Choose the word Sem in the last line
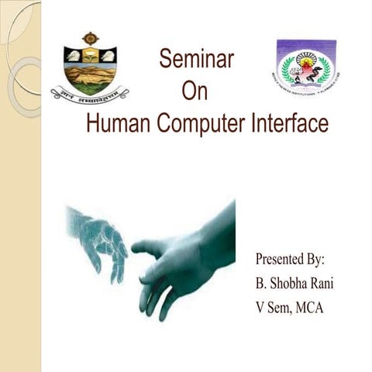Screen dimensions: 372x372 [x=272, y=307]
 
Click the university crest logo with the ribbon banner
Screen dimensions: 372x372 [x=90, y=68]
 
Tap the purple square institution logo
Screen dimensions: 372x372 [x=307, y=65]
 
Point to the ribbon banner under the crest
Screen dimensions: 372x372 [x=90, y=95]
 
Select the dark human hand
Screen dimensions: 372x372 [x=186, y=256]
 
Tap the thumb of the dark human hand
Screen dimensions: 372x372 [x=152, y=249]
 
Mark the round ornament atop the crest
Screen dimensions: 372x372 [x=90, y=37]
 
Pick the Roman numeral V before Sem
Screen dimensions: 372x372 [x=250, y=307]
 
